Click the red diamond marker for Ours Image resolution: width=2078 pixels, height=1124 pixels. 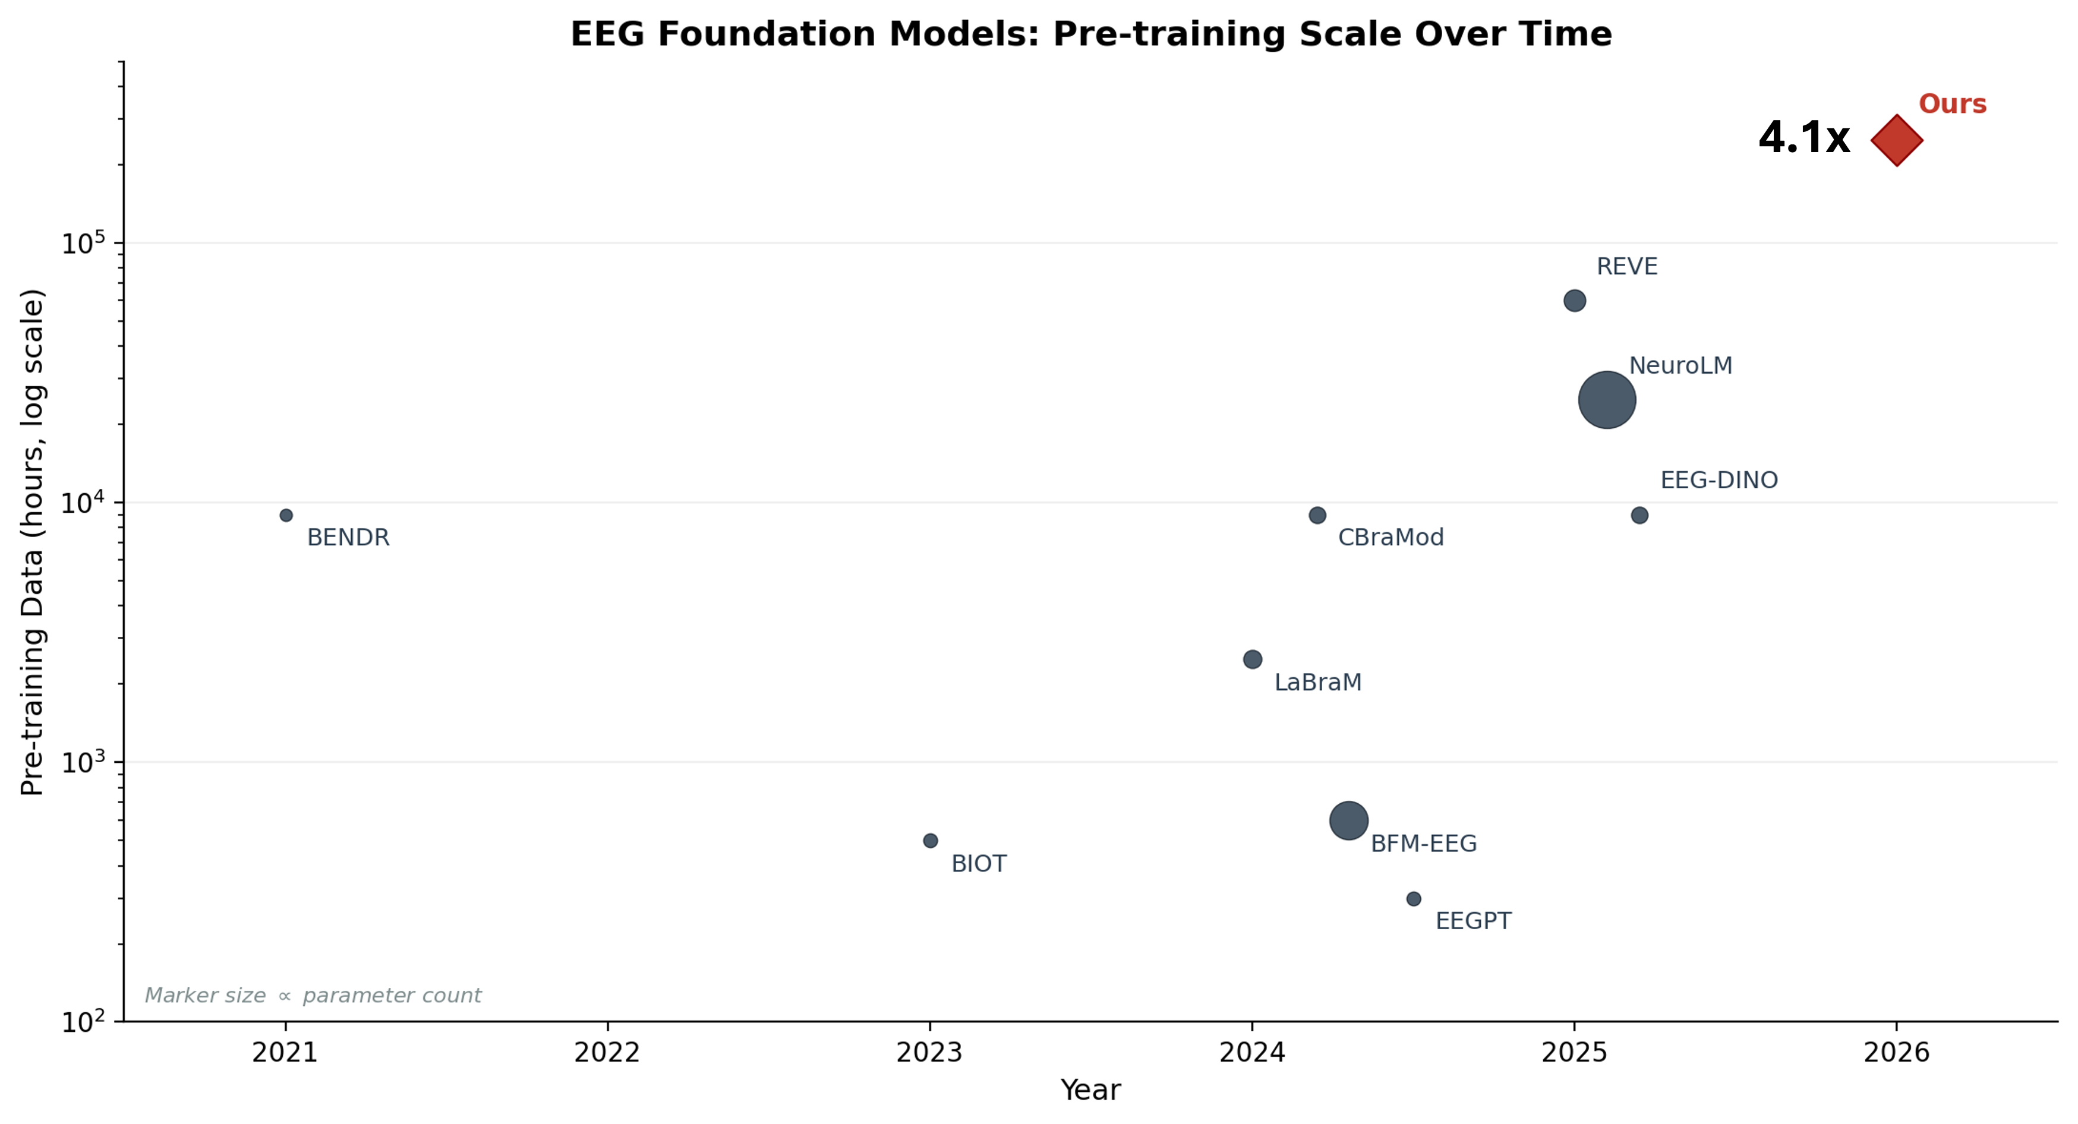point(1897,140)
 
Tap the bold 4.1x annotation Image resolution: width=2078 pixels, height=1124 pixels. point(1803,138)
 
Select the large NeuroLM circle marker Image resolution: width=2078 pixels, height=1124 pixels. point(1606,400)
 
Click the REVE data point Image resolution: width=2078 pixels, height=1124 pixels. point(1574,301)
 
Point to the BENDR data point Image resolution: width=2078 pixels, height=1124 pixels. point(286,515)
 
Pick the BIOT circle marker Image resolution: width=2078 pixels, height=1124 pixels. point(930,840)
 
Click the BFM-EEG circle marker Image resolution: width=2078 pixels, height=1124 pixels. point(1348,821)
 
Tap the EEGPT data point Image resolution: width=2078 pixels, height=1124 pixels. point(1413,898)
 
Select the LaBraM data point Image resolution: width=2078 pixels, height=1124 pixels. point(1252,659)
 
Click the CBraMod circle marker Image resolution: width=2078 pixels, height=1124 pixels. point(1316,515)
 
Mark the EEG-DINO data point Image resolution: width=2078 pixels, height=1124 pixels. point(1639,515)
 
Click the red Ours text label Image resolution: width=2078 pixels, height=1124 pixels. point(1951,104)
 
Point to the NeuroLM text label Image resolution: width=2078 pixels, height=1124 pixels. point(1680,365)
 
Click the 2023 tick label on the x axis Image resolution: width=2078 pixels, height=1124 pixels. point(929,1052)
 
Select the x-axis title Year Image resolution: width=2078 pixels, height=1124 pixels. point(1090,1090)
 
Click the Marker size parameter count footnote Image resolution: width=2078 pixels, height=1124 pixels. point(312,996)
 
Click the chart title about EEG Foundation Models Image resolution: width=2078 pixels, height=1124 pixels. point(1090,34)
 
